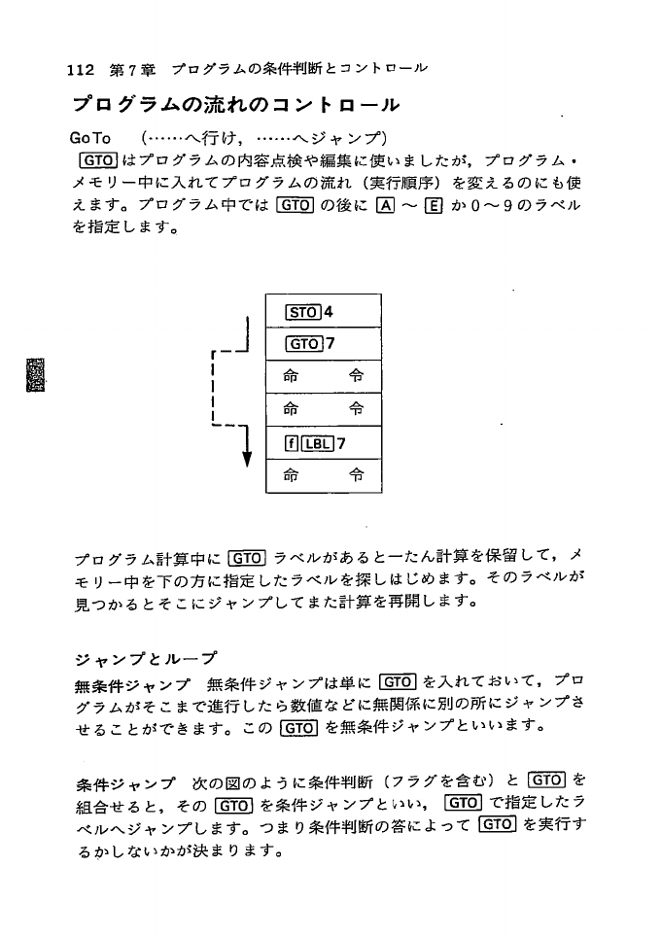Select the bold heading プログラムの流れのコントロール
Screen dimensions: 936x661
click(x=235, y=105)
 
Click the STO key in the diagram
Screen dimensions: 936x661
click(x=302, y=312)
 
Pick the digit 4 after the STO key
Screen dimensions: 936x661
click(x=329, y=312)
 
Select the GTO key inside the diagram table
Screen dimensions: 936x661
click(x=302, y=344)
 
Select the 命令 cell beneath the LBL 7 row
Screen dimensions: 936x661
click(x=324, y=476)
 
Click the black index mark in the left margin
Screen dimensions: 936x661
click(x=34, y=374)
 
